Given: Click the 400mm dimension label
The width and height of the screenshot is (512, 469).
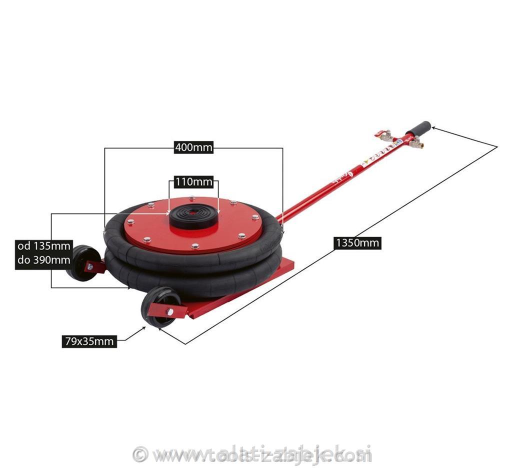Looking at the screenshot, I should coord(193,148).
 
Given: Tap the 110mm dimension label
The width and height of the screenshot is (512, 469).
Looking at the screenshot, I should coord(193,182).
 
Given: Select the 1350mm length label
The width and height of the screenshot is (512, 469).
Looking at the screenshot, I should coord(357,243).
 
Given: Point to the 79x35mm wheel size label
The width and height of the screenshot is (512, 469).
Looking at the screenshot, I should coord(89,342).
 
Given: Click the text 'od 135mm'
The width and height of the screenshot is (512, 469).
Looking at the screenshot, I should coord(43,246).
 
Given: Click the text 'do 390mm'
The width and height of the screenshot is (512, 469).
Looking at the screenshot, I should coord(43,260).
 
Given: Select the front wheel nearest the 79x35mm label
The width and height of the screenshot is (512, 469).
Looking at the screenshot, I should coord(159,307).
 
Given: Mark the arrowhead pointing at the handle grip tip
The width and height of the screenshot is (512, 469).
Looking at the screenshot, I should coord(433,128).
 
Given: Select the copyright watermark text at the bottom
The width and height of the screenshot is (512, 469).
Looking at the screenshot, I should coord(252,454).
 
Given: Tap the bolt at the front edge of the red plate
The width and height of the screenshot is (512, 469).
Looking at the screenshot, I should coord(195,245).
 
